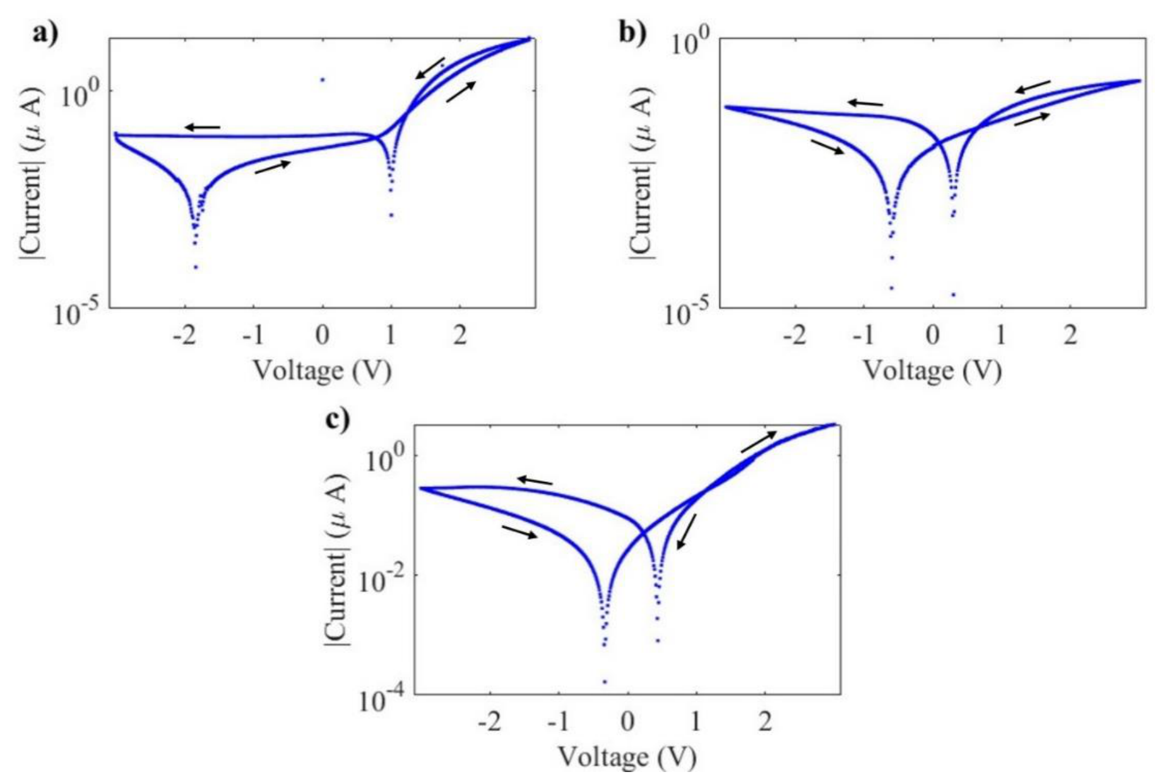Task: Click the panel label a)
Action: point(45,32)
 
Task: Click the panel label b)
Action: point(632,32)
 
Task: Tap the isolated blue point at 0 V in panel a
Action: point(323,79)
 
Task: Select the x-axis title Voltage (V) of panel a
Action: point(322,371)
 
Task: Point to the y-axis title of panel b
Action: point(641,173)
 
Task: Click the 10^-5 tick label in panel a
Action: point(75,313)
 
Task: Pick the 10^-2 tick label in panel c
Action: point(380,579)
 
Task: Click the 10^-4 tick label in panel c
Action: point(380,699)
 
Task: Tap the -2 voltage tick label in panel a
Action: point(184,334)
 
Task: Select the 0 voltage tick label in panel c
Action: point(627,720)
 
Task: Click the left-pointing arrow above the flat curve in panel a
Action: point(203,127)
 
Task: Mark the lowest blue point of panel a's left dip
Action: point(196,267)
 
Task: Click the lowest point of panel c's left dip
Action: point(605,681)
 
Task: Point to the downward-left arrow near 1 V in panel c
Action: point(686,532)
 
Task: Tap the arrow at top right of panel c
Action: point(759,442)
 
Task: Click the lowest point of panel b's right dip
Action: point(953,295)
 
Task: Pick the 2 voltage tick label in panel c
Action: point(765,720)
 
